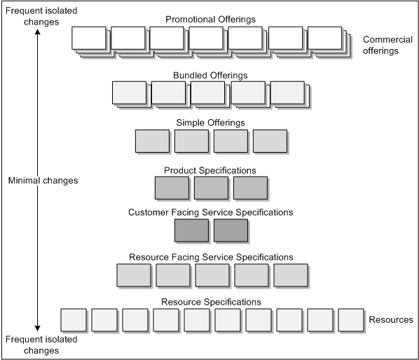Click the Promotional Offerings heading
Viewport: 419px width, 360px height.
(x=211, y=19)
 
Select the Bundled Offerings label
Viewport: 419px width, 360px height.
(x=211, y=75)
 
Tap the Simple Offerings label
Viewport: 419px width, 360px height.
(x=211, y=123)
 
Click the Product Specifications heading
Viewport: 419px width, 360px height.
(x=210, y=170)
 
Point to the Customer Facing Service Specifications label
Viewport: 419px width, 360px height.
(x=210, y=212)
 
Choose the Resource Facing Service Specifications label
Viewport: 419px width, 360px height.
(x=211, y=257)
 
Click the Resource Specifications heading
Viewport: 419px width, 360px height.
(x=211, y=302)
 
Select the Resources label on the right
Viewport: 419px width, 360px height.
(x=390, y=320)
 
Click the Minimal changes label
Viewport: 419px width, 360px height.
(x=43, y=181)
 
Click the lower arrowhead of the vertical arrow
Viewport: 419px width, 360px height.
(x=37, y=328)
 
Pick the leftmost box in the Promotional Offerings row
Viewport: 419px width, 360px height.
(x=89, y=39)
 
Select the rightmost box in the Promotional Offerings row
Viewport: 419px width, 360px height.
(x=324, y=39)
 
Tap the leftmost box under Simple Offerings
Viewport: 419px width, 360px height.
(x=152, y=141)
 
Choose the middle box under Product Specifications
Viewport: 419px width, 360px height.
(x=211, y=188)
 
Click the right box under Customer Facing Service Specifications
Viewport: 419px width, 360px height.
(x=231, y=230)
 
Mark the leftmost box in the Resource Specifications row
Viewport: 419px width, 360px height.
(x=74, y=320)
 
